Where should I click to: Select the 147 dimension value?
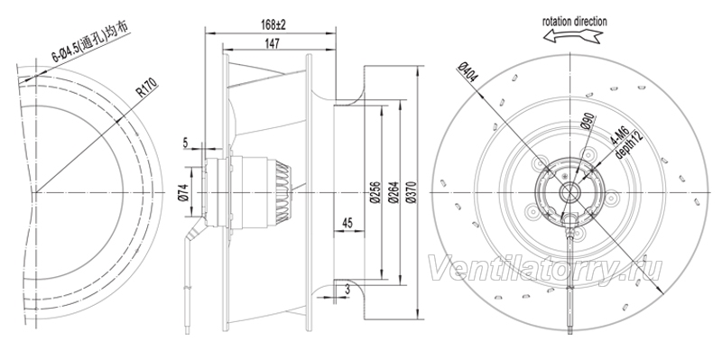273,42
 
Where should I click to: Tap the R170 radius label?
147,88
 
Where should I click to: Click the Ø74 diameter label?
183,191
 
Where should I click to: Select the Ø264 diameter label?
393,193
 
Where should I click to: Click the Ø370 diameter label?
412,193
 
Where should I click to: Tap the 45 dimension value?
347,223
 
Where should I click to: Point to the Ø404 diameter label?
468,72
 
